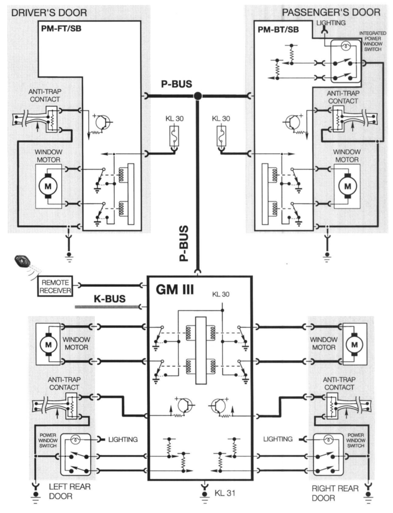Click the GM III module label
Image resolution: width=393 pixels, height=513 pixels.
174,289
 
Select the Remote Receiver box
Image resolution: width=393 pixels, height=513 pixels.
55,286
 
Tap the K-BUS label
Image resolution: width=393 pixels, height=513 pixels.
109,299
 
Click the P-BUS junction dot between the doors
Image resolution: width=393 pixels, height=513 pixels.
198,96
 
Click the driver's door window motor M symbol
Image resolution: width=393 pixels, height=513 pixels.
48,186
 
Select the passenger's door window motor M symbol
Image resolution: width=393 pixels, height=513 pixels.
347,186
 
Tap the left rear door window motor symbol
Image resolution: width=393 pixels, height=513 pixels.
48,344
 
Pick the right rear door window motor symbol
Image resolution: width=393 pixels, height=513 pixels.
354,344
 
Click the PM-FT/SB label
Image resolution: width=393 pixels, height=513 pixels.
61,29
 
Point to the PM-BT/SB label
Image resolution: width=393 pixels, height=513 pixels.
278,29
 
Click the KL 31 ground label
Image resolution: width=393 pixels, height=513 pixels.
225,493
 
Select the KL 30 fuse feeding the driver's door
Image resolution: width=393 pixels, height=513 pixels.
174,136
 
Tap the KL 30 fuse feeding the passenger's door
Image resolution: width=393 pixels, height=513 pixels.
221,136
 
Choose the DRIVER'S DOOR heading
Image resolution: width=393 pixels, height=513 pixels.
49,13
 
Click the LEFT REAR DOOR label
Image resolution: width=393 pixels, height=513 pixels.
69,491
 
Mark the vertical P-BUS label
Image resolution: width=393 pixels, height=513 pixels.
184,243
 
